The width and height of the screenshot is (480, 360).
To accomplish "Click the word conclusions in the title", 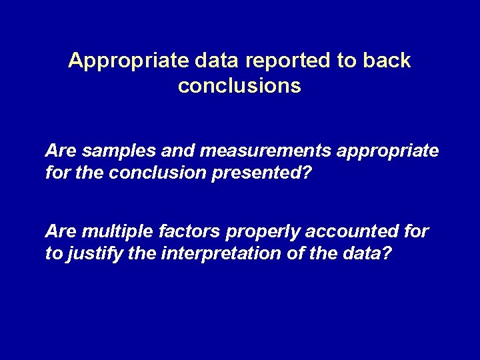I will click(240, 87).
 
